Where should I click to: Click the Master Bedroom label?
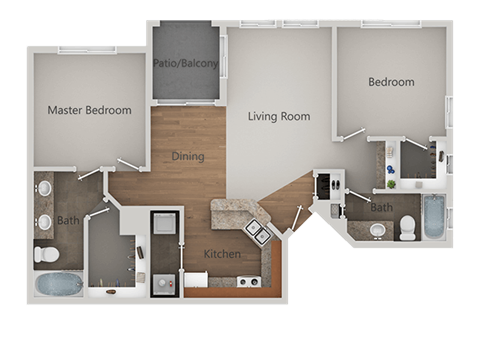click(90, 110)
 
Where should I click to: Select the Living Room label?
click(279, 116)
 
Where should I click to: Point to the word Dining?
click(188, 156)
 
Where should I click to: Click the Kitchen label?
click(222, 255)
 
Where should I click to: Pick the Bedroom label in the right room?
click(390, 82)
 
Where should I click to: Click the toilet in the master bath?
click(46, 255)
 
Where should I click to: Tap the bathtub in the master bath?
click(58, 284)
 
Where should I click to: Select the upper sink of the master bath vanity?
click(44, 190)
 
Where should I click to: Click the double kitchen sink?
click(256, 233)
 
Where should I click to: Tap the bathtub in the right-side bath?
click(434, 218)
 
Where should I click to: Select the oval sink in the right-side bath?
click(377, 230)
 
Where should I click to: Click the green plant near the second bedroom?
click(392, 183)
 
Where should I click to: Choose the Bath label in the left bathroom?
click(68, 220)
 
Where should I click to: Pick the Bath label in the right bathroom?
click(381, 208)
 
